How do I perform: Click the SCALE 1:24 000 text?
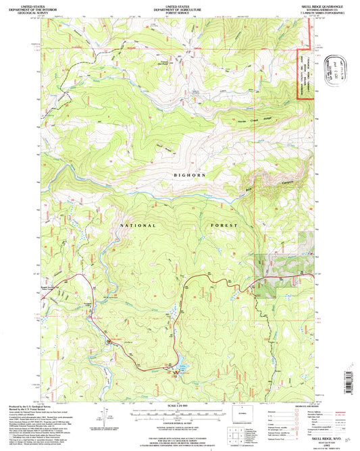click(178, 406)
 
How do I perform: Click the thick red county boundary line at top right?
click(299, 74)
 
